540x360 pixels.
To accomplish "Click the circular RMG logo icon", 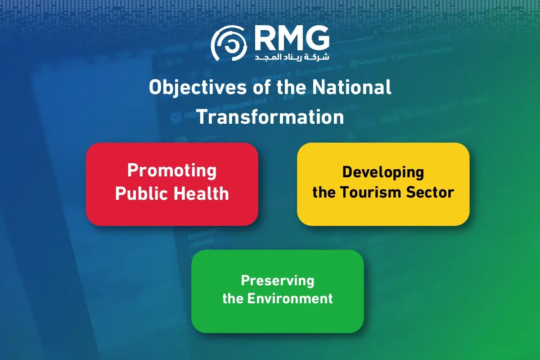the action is pos(229,43).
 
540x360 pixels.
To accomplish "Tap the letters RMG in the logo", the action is pos(292,38).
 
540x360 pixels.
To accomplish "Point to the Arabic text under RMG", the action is pos(292,57).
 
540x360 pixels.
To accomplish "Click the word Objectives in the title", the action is pos(198,88).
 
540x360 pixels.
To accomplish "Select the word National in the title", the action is pos(352,87).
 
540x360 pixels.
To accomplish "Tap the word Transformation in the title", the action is pos(270,117).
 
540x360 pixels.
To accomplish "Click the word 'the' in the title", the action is pos(291,87).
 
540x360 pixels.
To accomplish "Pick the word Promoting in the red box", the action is pos(172,171).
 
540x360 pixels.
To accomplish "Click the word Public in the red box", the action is pos(142,193).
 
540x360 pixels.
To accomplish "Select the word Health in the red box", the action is pos(201,193).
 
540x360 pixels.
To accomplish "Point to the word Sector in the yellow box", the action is pos(430,193).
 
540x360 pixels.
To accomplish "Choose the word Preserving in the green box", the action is pos(278,281).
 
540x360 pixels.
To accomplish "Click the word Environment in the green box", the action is pos(290,298).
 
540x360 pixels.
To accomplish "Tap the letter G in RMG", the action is pos(317,38).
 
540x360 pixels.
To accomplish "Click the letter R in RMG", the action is pos(265,38).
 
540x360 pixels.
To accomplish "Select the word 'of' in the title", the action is pos(261,87).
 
